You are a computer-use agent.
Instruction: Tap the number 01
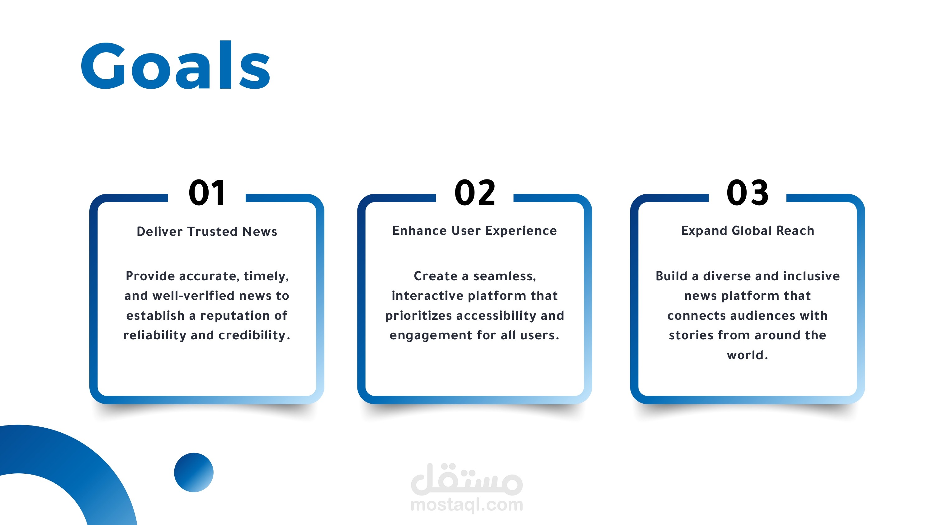point(207,193)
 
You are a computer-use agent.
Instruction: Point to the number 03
point(747,193)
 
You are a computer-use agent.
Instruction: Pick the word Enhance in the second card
point(419,231)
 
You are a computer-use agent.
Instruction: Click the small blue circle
point(194,472)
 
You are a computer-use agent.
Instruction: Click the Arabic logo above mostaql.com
point(467,479)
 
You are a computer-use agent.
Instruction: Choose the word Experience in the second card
point(521,231)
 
